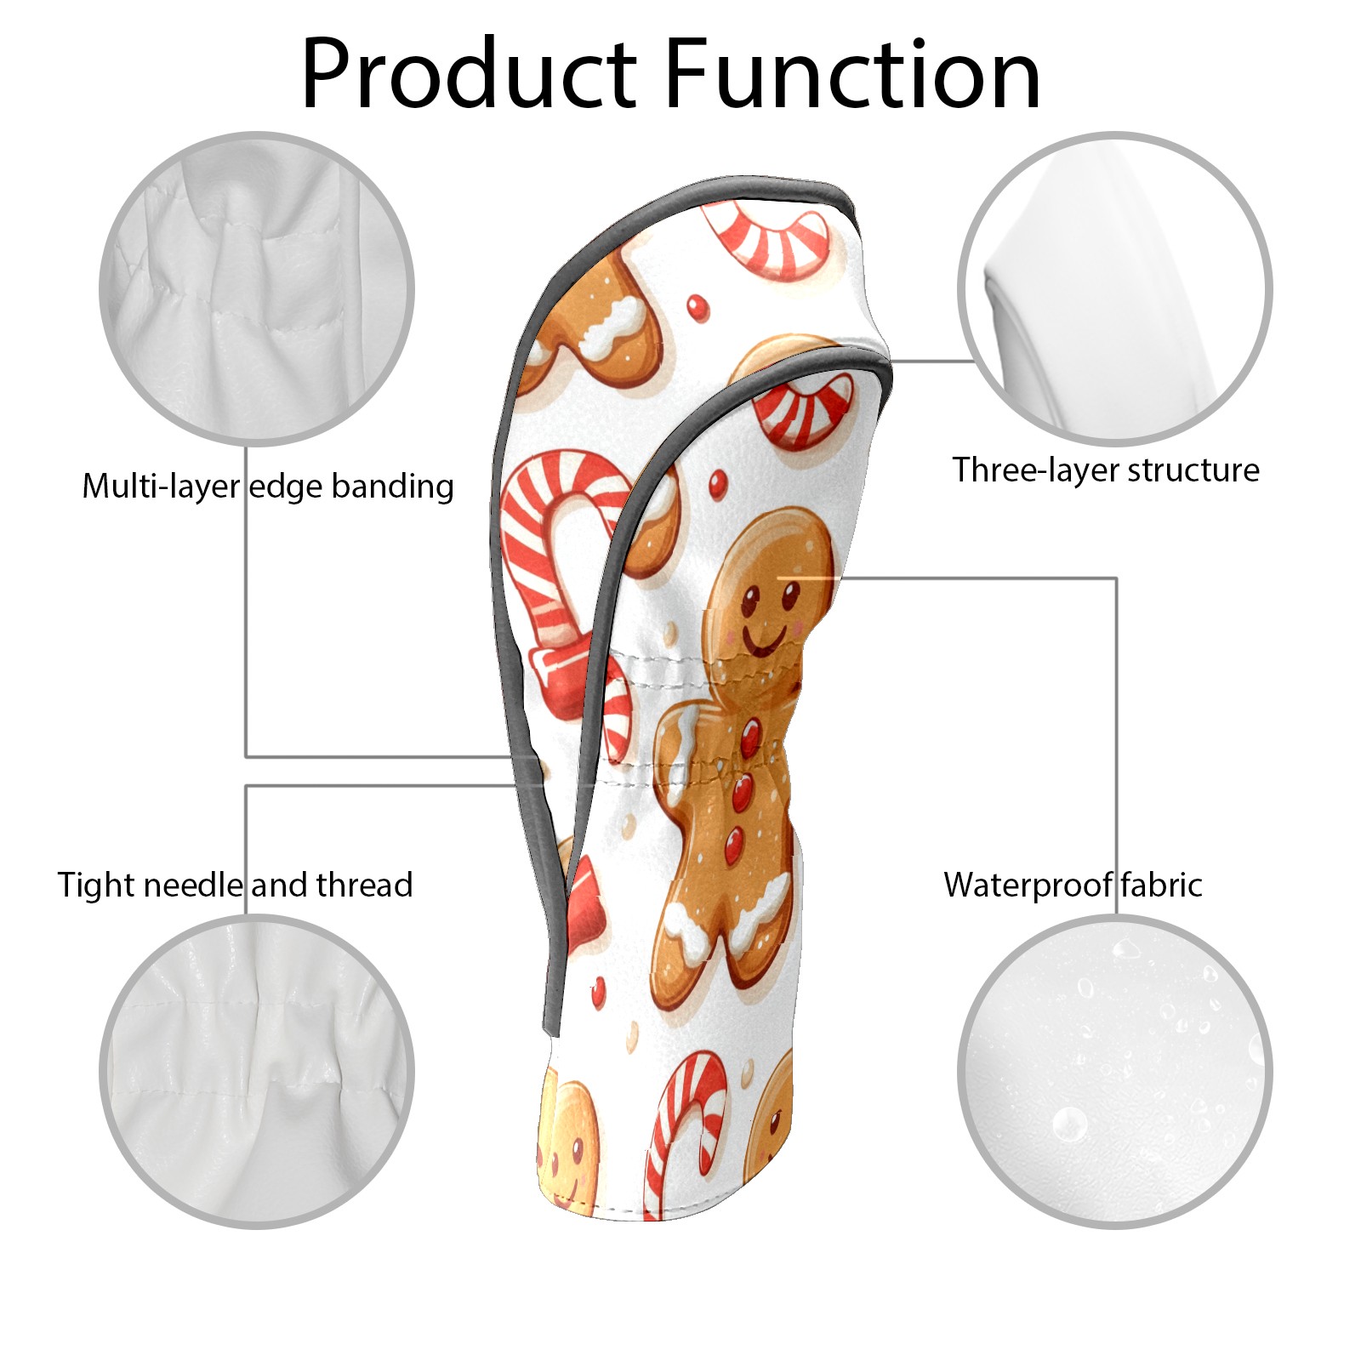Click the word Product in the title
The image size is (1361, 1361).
click(469, 74)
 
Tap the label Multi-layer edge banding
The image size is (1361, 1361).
click(268, 487)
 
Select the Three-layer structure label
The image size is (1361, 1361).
click(1106, 470)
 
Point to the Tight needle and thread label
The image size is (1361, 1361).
click(236, 886)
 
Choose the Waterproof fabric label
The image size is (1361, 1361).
click(1073, 886)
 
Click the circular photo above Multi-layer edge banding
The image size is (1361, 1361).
click(257, 288)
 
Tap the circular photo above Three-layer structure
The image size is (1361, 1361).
click(1114, 288)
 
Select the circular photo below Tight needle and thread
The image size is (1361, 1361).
click(257, 1072)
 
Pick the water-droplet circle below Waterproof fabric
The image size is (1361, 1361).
click(1114, 1072)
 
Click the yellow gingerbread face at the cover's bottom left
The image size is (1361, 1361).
click(566, 1144)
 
